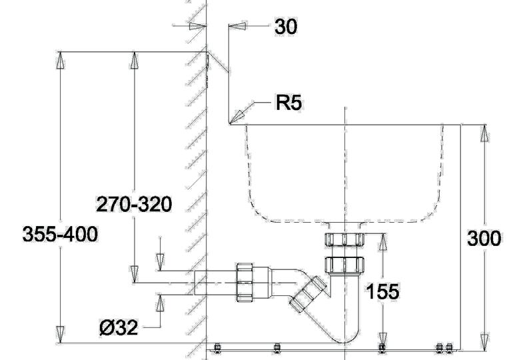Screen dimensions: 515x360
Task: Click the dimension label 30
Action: [286, 27]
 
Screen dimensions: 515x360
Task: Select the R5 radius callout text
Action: [288, 103]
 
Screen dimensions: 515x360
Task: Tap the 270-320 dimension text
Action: [134, 204]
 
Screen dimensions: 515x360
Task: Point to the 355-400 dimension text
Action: [60, 235]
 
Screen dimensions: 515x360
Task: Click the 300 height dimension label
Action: [484, 239]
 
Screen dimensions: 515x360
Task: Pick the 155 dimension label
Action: [382, 291]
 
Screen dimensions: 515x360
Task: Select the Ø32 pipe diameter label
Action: [119, 328]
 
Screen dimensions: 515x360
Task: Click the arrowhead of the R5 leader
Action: [237, 117]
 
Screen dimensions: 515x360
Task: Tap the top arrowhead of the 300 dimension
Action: [484, 133]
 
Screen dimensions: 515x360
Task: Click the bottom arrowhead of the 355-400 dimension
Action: [60, 335]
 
